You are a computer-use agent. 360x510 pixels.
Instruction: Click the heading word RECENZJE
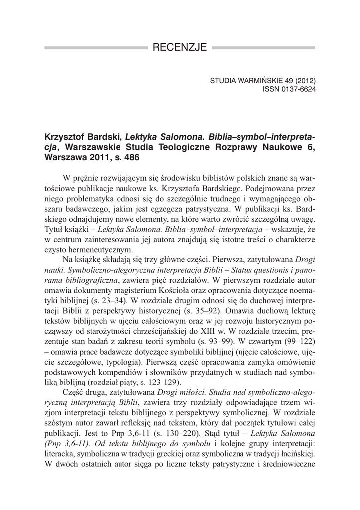[180, 48]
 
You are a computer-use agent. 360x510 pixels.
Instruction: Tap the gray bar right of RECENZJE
[264, 48]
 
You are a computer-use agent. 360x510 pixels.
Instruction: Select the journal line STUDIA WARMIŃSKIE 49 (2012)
[263, 80]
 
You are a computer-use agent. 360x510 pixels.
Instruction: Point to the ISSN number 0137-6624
[296, 89]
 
